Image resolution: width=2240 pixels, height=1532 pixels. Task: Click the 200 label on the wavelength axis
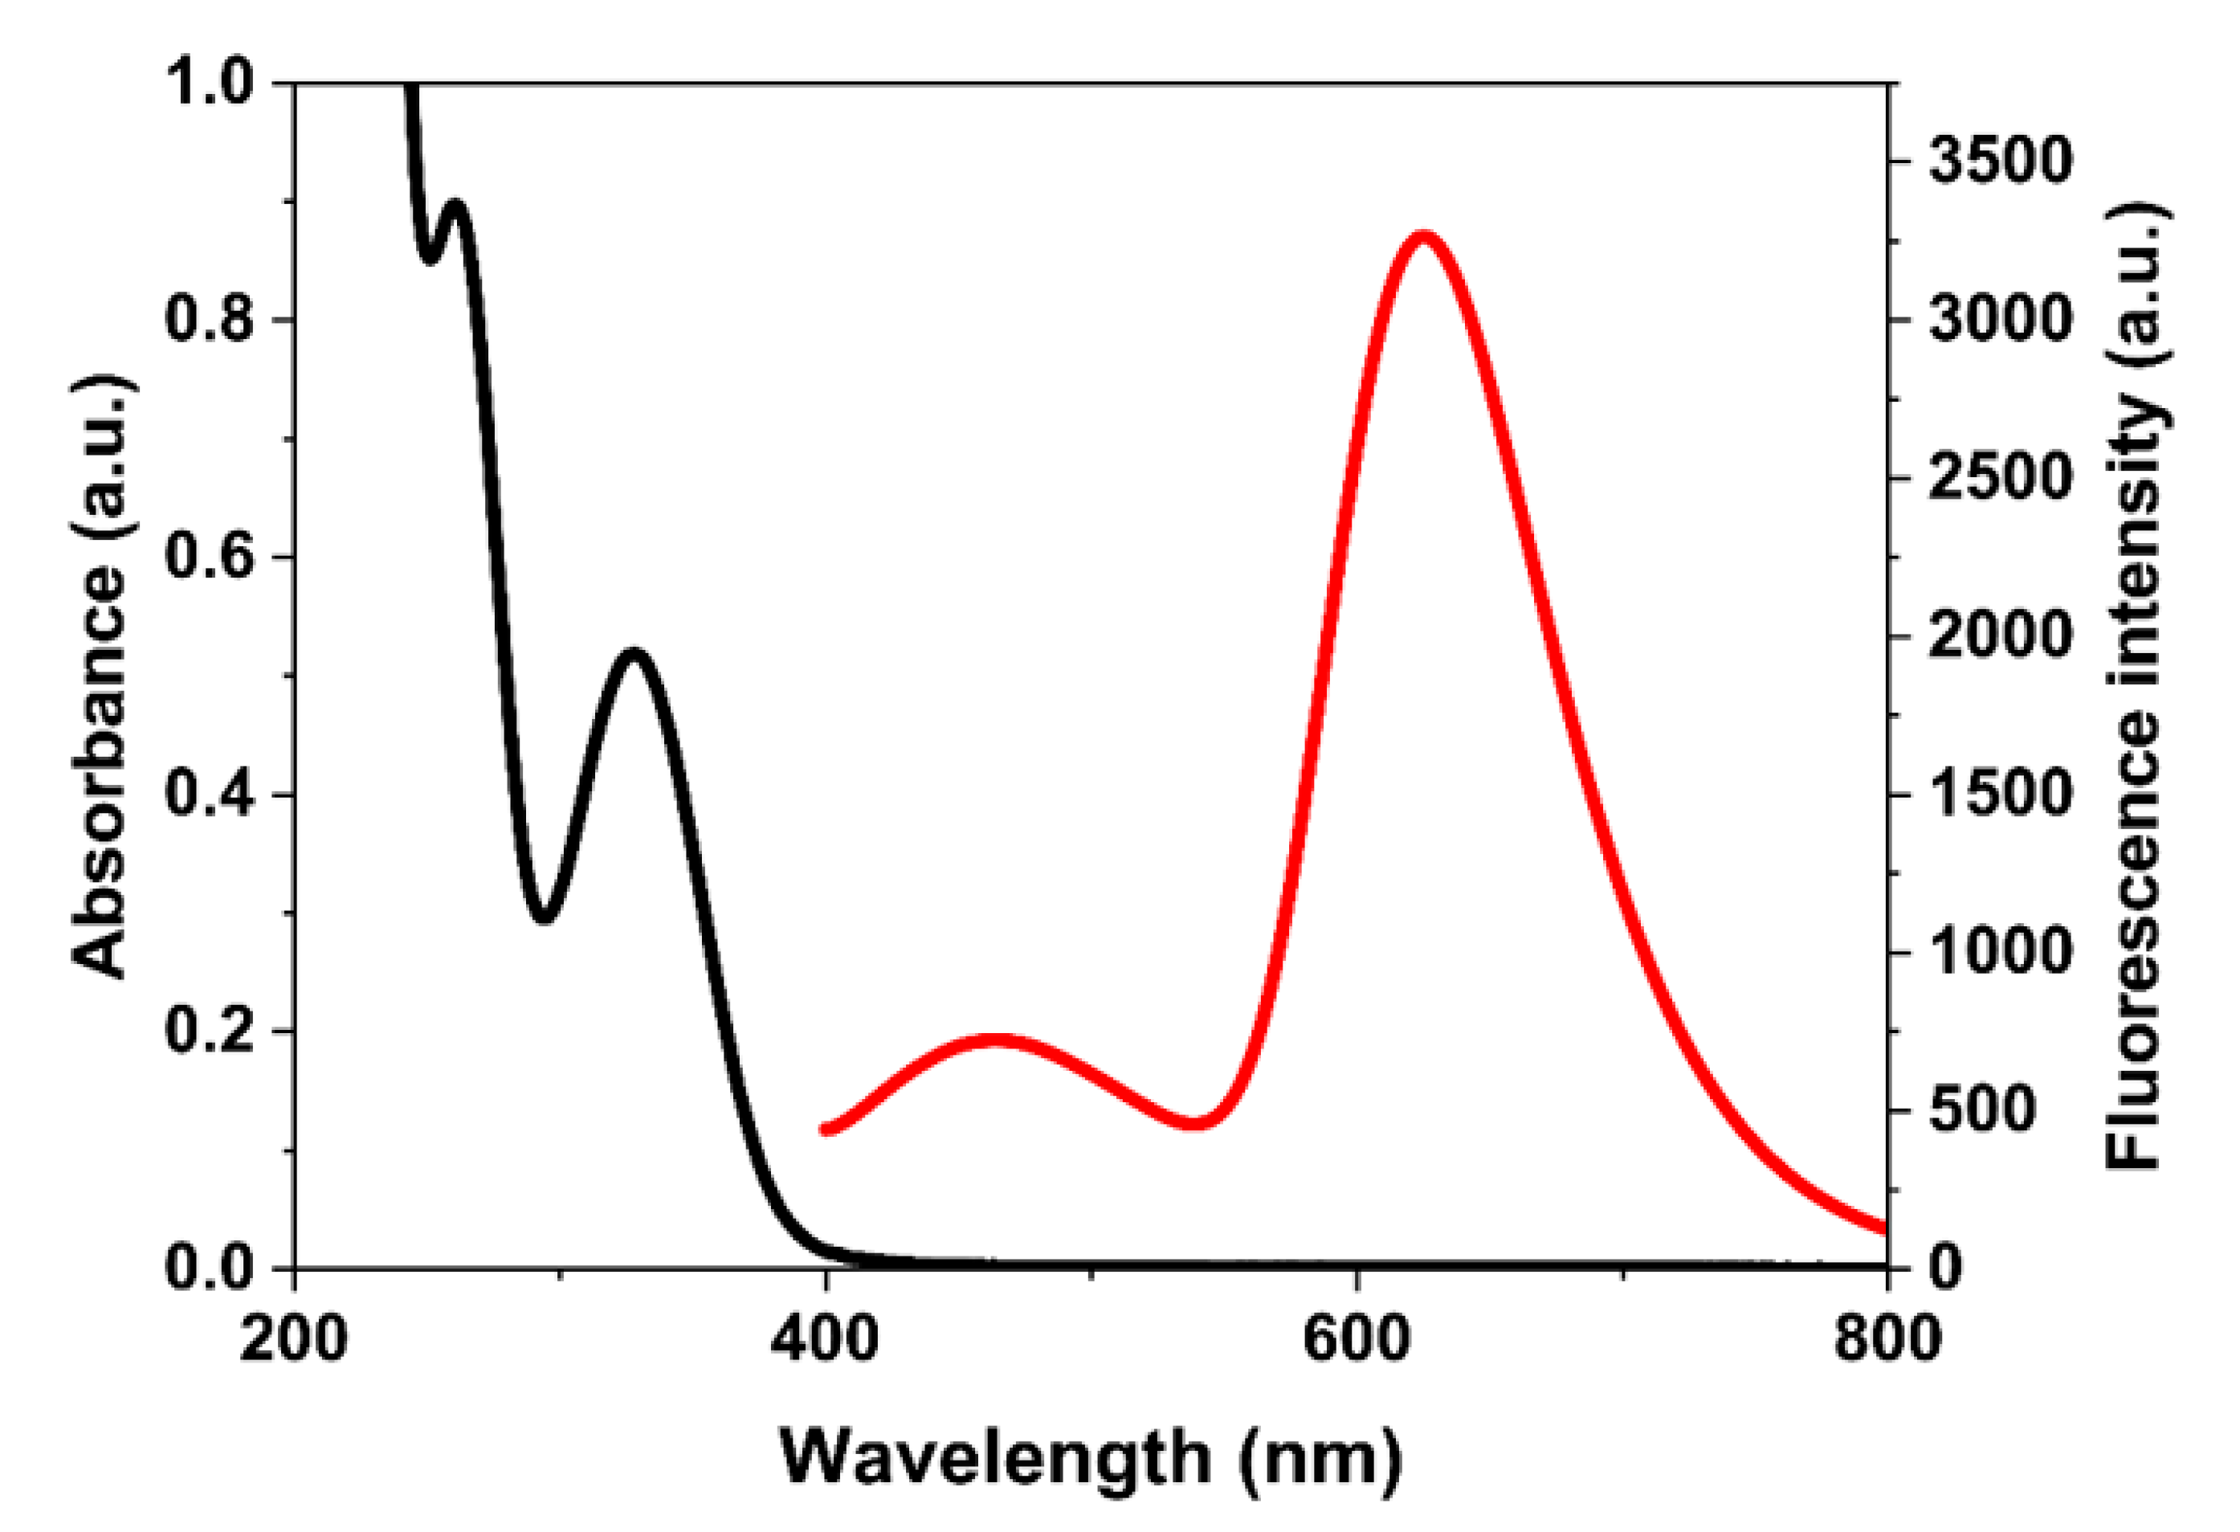pyautogui.click(x=293, y=1340)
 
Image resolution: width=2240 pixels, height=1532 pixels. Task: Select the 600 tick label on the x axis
pyautogui.click(x=1357, y=1340)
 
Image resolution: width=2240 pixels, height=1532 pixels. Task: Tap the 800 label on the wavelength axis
pyautogui.click(x=1887, y=1340)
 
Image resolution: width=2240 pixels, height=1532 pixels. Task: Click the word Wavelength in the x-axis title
pyautogui.click(x=994, y=1458)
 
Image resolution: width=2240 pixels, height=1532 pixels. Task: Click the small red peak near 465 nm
pyautogui.click(x=998, y=1040)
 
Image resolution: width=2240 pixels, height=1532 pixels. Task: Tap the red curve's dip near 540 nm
pyautogui.click(x=1196, y=1122)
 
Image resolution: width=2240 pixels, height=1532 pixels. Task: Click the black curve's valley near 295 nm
pyautogui.click(x=545, y=916)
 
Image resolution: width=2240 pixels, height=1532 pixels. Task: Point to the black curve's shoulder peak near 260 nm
pyautogui.click(x=456, y=206)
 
